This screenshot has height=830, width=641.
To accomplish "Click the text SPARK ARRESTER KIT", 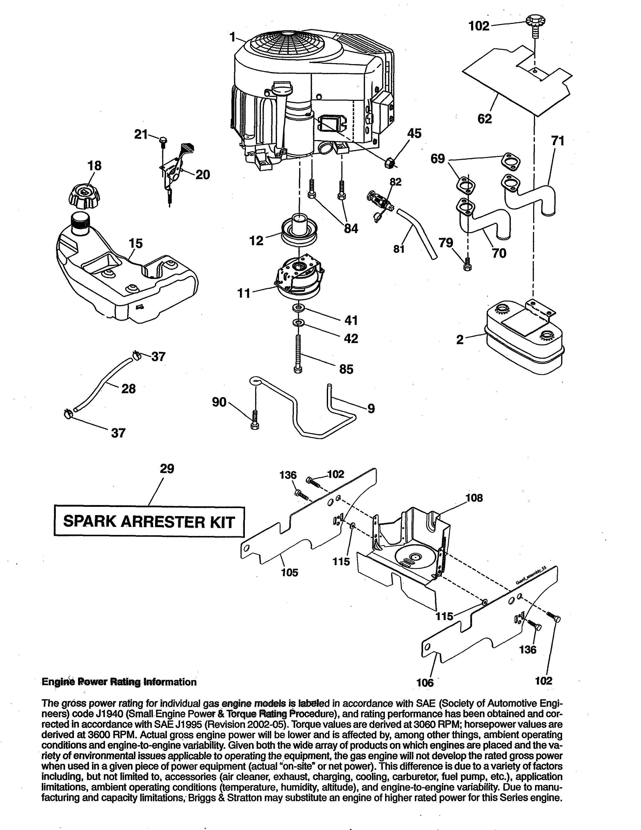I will (149, 521).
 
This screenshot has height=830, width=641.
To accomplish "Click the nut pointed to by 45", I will (388, 164).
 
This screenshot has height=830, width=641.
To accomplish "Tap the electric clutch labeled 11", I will (299, 281).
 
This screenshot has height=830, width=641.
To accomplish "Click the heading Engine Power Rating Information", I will (119, 682).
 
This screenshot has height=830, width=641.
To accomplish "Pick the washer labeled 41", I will (299, 307).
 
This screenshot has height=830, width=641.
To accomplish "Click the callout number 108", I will (474, 497).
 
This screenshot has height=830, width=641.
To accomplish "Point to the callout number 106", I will (425, 683).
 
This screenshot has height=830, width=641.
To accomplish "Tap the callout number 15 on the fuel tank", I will (135, 243).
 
